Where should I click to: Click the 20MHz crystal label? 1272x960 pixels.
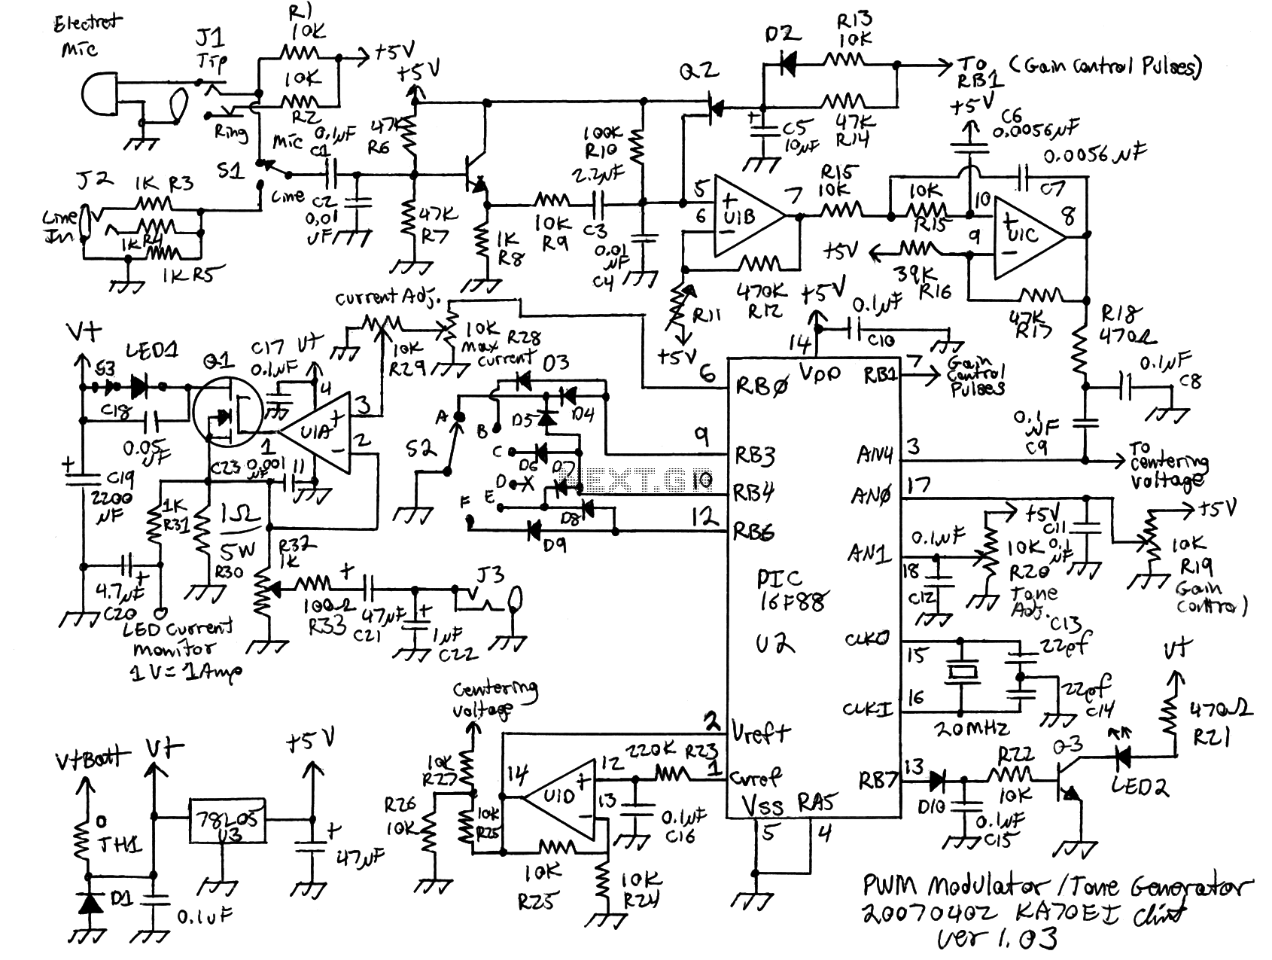(x=971, y=728)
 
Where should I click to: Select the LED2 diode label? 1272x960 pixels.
(x=1140, y=787)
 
